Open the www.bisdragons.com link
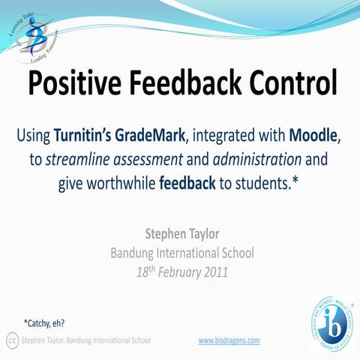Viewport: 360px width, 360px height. pyautogui.click(x=229, y=340)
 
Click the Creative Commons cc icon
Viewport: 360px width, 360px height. pyautogui.click(x=12, y=340)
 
